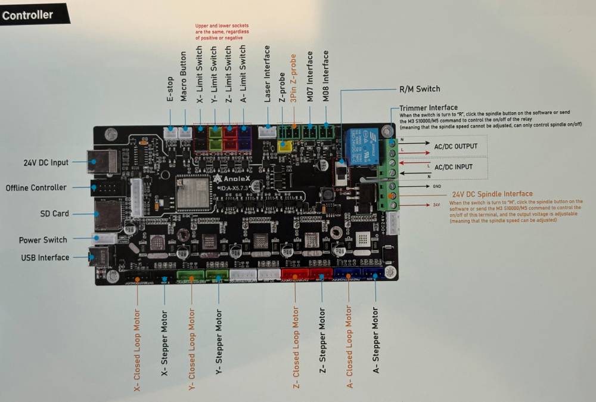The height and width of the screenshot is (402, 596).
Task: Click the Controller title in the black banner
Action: tap(27, 15)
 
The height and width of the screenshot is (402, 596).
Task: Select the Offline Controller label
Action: tap(36, 187)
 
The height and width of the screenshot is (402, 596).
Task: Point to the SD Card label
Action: tap(54, 214)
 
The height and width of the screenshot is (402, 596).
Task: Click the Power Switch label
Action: tap(43, 240)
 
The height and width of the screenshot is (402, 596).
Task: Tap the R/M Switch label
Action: tap(420, 89)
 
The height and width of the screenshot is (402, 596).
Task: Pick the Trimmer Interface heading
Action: tap(428, 107)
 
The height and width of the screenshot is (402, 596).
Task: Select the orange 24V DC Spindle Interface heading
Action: tap(492, 194)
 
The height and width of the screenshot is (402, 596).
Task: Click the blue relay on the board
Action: tap(362, 147)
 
